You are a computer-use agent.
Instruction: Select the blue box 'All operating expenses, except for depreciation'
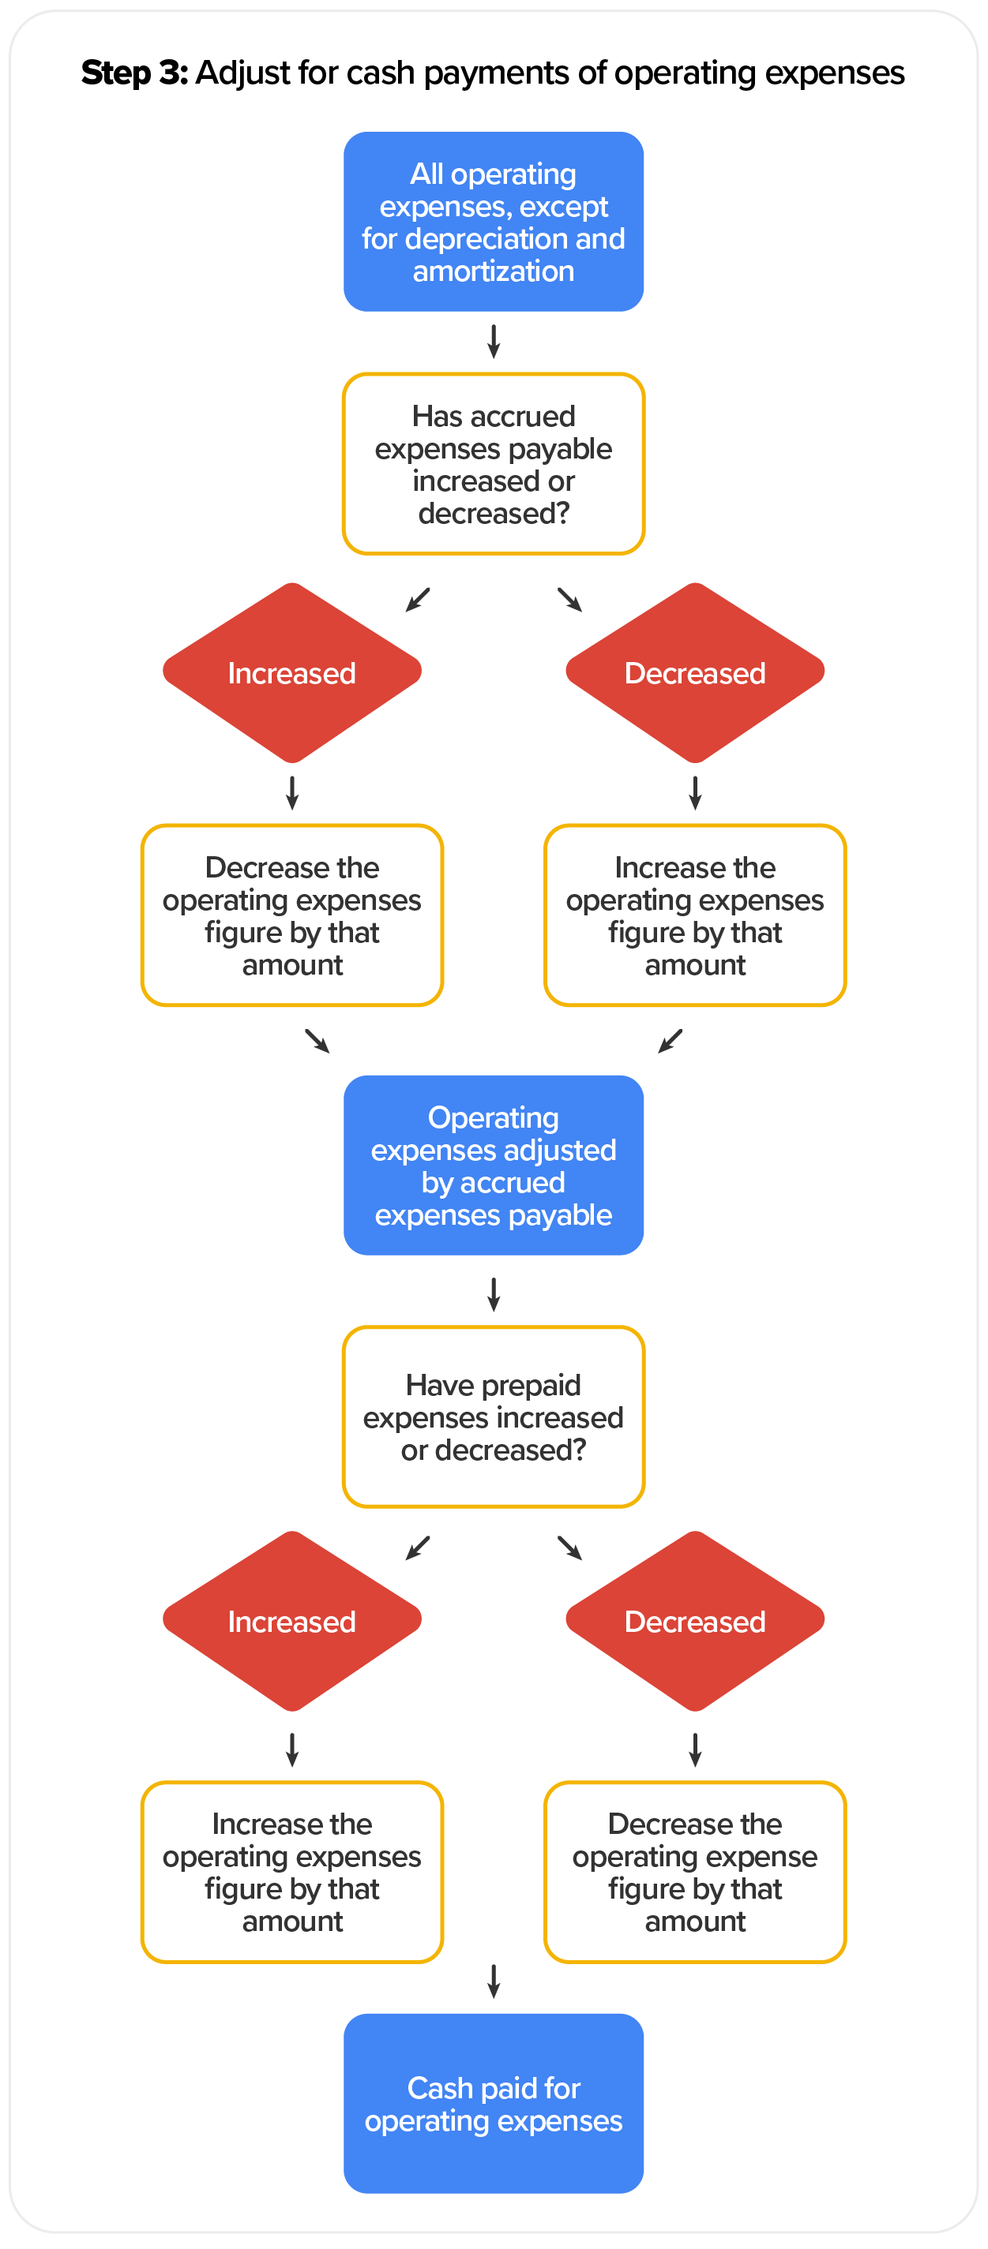[x=494, y=222]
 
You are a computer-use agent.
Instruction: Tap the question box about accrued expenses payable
[x=494, y=463]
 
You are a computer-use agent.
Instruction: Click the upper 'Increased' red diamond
[x=291, y=672]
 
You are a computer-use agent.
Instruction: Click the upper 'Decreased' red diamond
[x=694, y=672]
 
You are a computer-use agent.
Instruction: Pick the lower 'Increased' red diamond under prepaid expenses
[x=291, y=1620]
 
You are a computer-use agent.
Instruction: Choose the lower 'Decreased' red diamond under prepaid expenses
[x=694, y=1620]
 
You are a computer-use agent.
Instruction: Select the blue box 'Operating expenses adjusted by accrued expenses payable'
[x=494, y=1165]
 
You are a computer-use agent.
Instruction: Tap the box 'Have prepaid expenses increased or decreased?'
[x=494, y=1416]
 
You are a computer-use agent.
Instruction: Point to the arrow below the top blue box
[x=494, y=342]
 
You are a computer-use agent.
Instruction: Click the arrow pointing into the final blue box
[x=494, y=1981]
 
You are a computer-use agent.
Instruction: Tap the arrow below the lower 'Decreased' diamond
[x=694, y=1749]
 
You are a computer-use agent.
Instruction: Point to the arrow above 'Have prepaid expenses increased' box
[x=494, y=1294]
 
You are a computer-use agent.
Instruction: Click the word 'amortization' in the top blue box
[x=494, y=271]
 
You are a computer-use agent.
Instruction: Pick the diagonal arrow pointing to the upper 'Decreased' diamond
[x=569, y=599]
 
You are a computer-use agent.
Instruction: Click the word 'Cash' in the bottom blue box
[x=439, y=2087]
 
